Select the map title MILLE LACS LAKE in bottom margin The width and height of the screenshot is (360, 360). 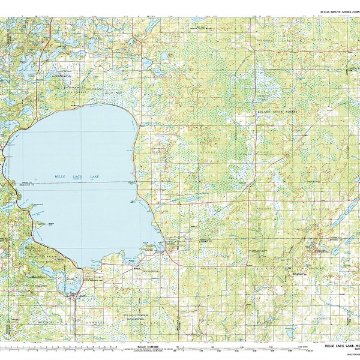click(x=340, y=347)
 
